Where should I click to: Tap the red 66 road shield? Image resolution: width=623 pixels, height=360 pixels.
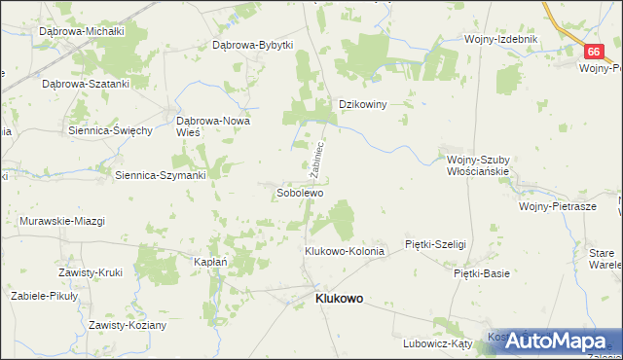coord(594,52)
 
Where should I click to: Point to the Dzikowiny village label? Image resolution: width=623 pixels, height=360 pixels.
coord(362,104)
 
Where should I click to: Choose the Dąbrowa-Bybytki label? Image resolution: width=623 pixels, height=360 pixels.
coord(252,45)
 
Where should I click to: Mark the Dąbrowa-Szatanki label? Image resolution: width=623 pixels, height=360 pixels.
coord(85,84)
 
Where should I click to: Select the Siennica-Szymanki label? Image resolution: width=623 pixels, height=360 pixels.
coord(160,175)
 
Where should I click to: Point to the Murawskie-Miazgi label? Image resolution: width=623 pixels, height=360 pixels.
coord(61,221)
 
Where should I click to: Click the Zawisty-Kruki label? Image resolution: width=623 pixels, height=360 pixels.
coord(90,272)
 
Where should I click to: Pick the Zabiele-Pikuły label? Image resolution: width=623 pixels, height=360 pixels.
coord(45,295)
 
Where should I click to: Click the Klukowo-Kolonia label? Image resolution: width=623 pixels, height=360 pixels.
coord(345,251)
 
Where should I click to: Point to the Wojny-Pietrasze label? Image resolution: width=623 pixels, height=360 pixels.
coord(557,207)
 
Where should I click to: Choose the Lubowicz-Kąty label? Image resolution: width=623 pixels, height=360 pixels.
coord(437,343)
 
